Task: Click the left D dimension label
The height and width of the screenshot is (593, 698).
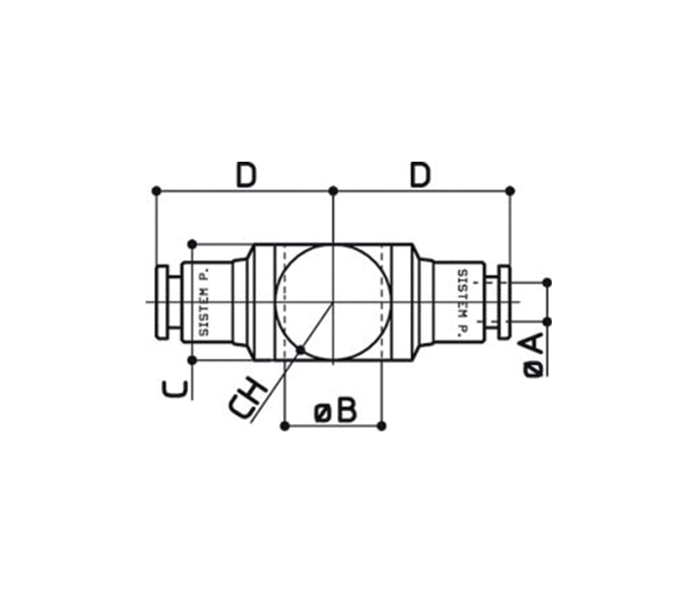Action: coord(246,175)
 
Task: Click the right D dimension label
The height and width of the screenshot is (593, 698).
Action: coord(420,175)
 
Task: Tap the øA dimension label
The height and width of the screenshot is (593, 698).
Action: coord(534,356)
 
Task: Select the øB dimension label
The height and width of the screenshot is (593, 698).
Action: coord(335,411)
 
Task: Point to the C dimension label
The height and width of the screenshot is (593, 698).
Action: coord(175,388)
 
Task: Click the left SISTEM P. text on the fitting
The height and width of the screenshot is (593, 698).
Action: coord(204,302)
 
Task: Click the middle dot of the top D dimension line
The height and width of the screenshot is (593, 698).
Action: coord(333,191)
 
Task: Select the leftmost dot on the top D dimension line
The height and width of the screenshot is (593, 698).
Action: coord(156,191)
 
